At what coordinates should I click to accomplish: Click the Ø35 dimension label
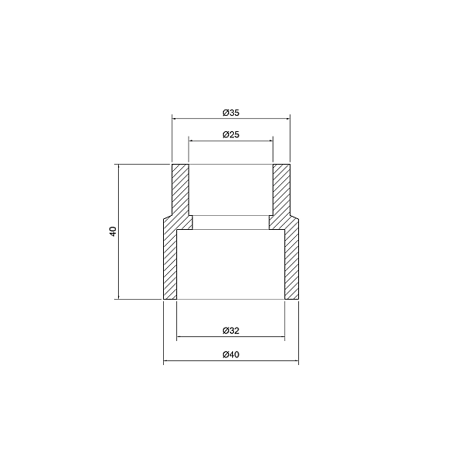[x=230, y=113]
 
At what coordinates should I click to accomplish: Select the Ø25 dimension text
[x=230, y=134]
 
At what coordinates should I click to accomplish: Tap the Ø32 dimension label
[x=230, y=331]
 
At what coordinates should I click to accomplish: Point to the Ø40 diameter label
[x=230, y=356]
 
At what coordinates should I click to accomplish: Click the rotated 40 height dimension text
[x=113, y=231]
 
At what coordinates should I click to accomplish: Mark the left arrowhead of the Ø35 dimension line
[x=175, y=119]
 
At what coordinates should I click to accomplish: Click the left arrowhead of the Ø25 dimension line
[x=191, y=141]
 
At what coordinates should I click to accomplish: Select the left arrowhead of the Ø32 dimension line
[x=180, y=337]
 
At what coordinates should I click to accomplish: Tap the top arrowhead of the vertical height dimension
[x=118, y=167]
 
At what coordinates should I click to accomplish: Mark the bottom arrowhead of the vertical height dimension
[x=118, y=296]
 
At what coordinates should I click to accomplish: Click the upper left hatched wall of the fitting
[x=180, y=190]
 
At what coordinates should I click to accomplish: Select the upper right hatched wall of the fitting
[x=281, y=190]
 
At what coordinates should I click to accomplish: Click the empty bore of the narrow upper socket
[x=231, y=190]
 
